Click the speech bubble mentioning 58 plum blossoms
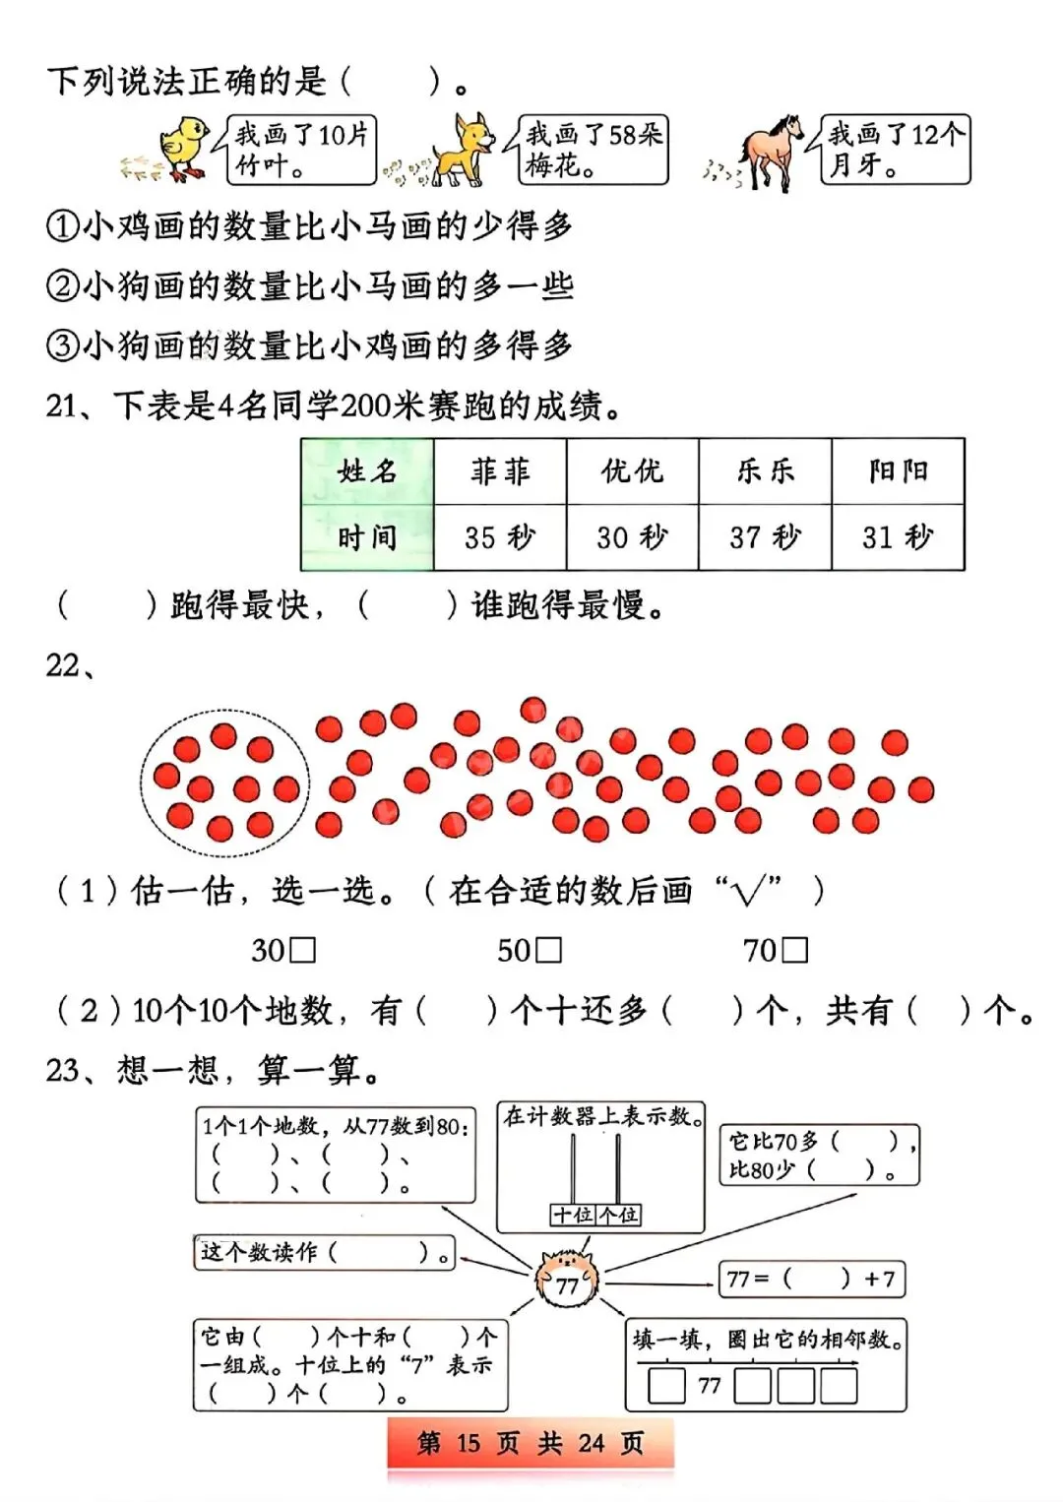[594, 150]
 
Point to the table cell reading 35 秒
[500, 537]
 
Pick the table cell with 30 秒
[632, 537]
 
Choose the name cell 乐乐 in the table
[765, 471]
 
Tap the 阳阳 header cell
[898, 471]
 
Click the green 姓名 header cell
[367, 471]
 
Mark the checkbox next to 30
[304, 950]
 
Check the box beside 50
[549, 950]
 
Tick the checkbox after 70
[795, 950]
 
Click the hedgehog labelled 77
[567, 1279]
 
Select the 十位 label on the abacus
[573, 1216]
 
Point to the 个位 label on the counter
[618, 1216]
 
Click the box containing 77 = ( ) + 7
[812, 1280]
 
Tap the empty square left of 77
[666, 1386]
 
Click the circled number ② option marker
[62, 286]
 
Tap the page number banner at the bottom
[531, 1444]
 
